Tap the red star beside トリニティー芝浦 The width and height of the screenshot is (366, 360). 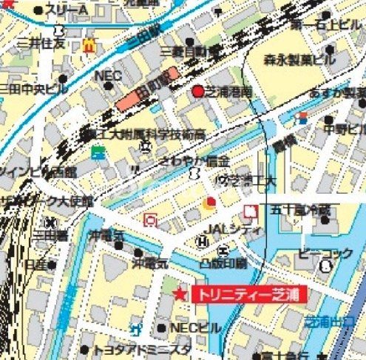(x=179, y=295)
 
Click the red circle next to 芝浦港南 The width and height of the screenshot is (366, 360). (x=198, y=92)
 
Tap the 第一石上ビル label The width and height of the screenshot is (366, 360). (x=326, y=26)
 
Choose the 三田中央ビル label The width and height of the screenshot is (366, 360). (x=33, y=89)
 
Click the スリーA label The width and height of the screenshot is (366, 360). (x=66, y=9)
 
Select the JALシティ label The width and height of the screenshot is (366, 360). (x=234, y=229)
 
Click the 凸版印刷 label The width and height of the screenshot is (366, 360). (x=223, y=262)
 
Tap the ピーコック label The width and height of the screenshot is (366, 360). (x=325, y=254)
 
